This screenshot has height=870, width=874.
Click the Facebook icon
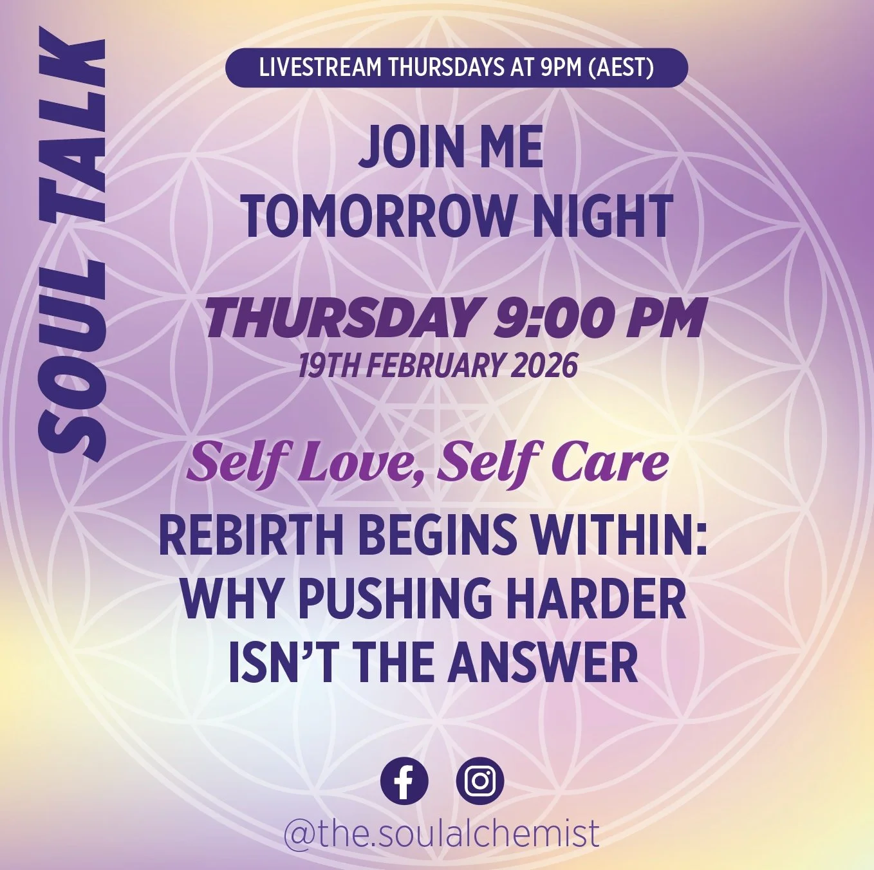404,781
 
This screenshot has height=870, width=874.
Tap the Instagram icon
479,781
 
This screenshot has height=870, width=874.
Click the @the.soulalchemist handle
441,833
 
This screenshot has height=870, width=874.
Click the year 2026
544,366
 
